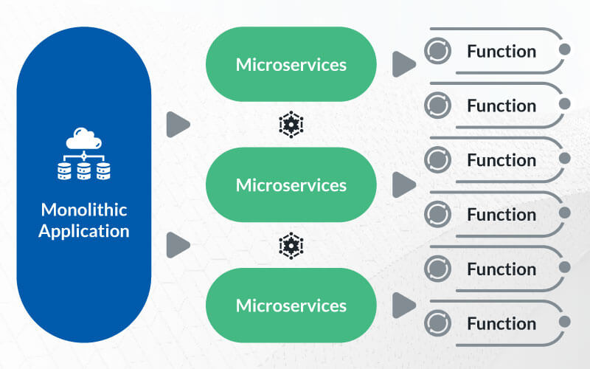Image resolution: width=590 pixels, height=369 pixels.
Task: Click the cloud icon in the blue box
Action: (x=83, y=138)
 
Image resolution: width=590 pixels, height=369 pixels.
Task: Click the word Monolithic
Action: (x=84, y=210)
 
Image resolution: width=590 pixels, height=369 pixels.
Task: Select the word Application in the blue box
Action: (x=84, y=231)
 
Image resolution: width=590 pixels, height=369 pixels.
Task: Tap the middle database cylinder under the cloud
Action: (x=83, y=171)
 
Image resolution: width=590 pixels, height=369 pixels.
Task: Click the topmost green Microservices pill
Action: (x=291, y=64)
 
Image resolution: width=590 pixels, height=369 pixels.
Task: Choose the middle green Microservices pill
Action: (x=291, y=184)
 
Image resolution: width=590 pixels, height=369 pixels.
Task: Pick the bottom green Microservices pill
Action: (x=291, y=306)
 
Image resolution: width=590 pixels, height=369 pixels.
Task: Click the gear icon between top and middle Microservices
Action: (x=291, y=124)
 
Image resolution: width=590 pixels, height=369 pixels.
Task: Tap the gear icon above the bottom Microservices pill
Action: (x=291, y=246)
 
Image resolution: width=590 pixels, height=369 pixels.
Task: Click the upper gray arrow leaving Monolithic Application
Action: (x=178, y=124)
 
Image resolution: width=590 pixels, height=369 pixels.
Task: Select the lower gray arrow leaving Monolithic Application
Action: (x=178, y=245)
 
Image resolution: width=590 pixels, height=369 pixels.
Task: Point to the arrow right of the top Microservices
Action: (x=403, y=64)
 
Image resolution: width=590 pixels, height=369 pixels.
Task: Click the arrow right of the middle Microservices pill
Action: (x=403, y=185)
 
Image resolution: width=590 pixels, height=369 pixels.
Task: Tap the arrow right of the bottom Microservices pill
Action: (x=403, y=306)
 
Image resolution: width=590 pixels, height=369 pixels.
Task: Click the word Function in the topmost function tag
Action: (x=502, y=51)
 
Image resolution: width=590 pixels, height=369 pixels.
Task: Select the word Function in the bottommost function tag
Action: (x=502, y=323)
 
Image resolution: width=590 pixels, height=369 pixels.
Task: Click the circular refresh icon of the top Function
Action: (x=437, y=51)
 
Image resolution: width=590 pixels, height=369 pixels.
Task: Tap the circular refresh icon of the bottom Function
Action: (x=437, y=323)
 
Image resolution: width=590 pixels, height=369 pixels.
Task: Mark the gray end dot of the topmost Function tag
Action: (x=564, y=49)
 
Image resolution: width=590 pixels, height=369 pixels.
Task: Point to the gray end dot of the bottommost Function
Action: (x=564, y=322)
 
